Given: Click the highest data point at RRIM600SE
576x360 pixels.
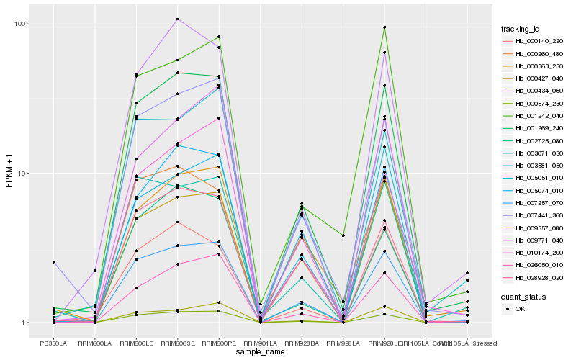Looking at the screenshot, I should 177,19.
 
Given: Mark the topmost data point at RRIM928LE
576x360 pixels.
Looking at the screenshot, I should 384,27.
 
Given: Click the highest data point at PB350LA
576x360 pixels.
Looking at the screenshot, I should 53,262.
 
